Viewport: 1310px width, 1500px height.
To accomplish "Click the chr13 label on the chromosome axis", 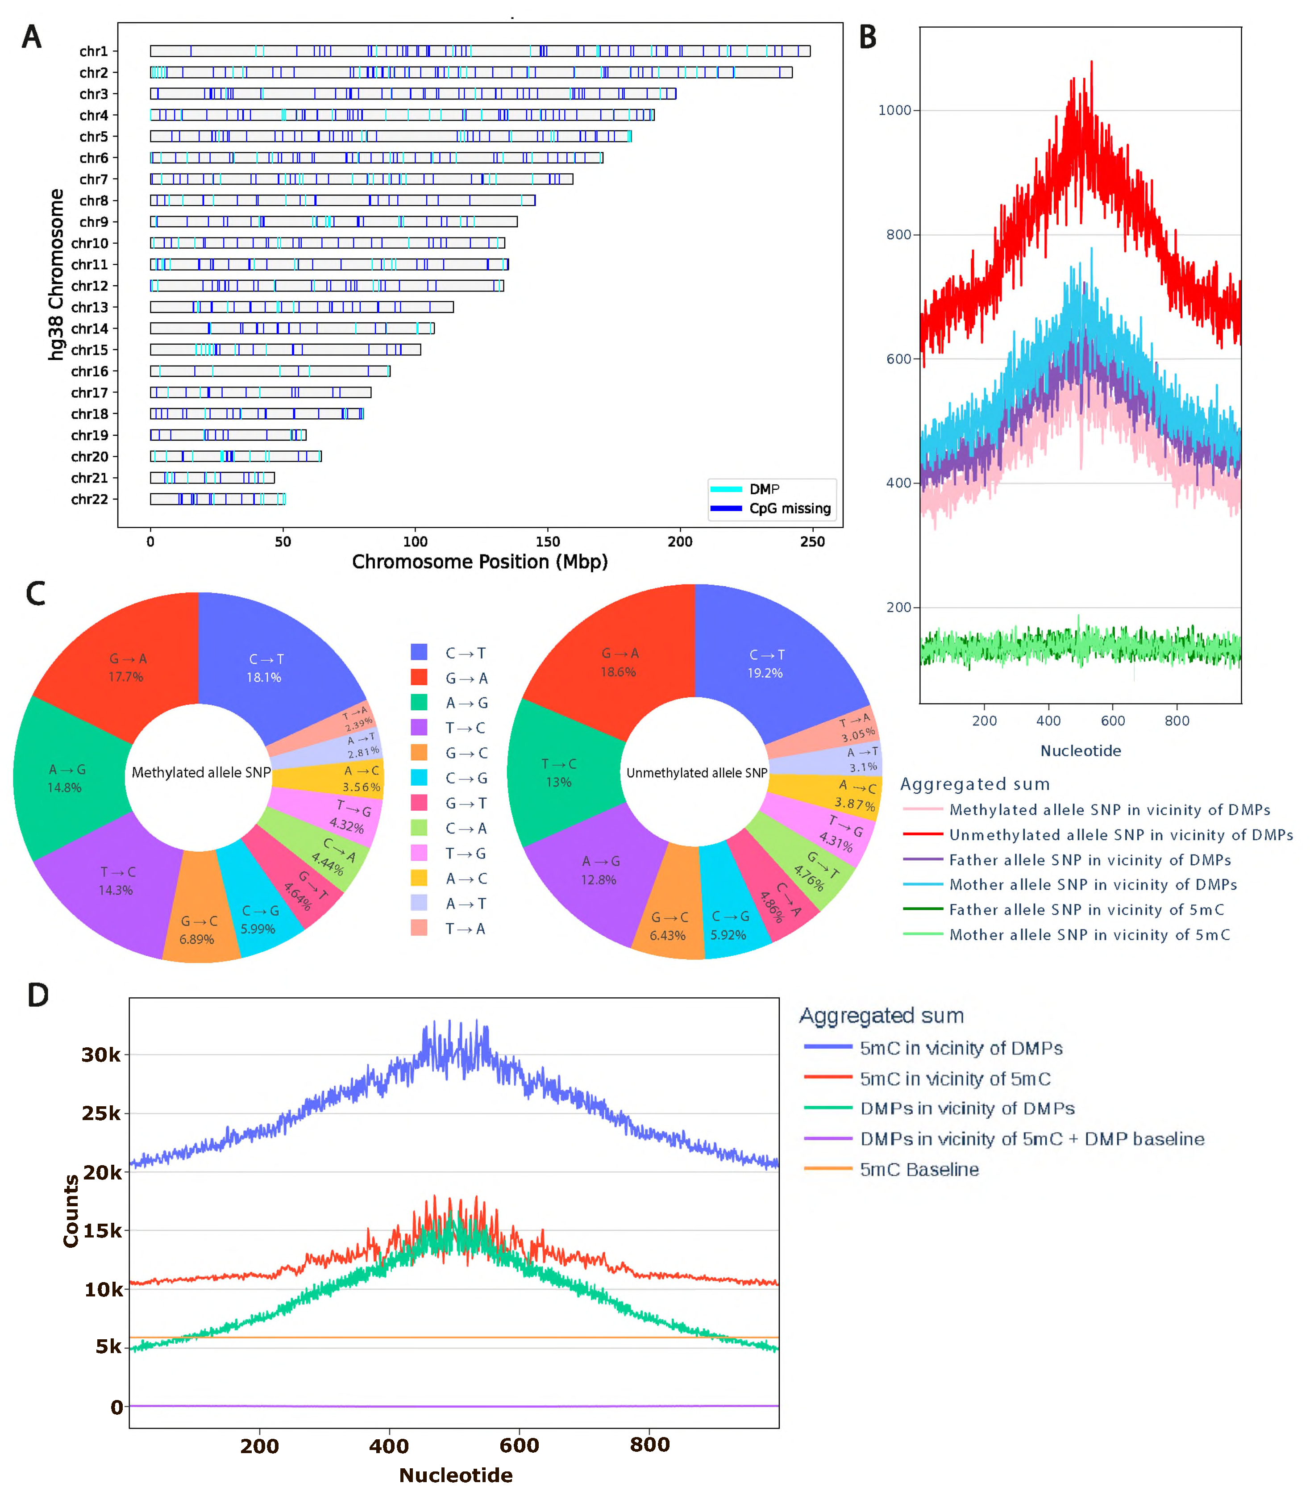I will point(89,308).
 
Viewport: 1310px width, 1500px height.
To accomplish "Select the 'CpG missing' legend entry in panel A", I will point(790,508).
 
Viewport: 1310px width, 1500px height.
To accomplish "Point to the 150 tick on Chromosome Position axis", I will point(548,542).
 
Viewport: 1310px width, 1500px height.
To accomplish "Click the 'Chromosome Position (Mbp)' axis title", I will point(479,562).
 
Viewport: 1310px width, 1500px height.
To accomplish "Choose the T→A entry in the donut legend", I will point(465,929).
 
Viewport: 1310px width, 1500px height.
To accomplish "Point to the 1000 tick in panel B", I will point(895,110).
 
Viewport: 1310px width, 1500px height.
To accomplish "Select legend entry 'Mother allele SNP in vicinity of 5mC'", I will point(1089,935).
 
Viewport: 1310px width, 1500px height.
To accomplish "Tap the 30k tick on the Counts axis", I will point(101,1055).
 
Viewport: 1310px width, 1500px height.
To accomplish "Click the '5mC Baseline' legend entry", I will point(919,1170).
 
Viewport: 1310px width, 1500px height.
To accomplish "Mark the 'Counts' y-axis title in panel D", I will point(71,1211).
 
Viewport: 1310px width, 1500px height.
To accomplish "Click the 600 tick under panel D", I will point(519,1445).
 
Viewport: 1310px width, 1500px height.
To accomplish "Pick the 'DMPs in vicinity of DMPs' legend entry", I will point(966,1109).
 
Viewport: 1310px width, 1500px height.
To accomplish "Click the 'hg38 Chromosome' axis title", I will point(55,274).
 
